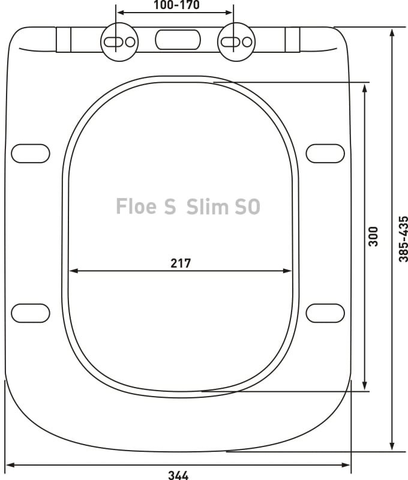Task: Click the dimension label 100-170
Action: [x=174, y=5]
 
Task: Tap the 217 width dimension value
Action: [x=180, y=263]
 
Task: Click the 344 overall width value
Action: [x=178, y=475]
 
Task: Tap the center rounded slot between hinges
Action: [x=177, y=40]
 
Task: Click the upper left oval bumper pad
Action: [x=31, y=153]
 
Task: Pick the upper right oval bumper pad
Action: [x=325, y=153]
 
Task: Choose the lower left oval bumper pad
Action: [x=31, y=313]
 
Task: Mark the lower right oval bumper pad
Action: [x=325, y=313]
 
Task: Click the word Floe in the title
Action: [x=137, y=207]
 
